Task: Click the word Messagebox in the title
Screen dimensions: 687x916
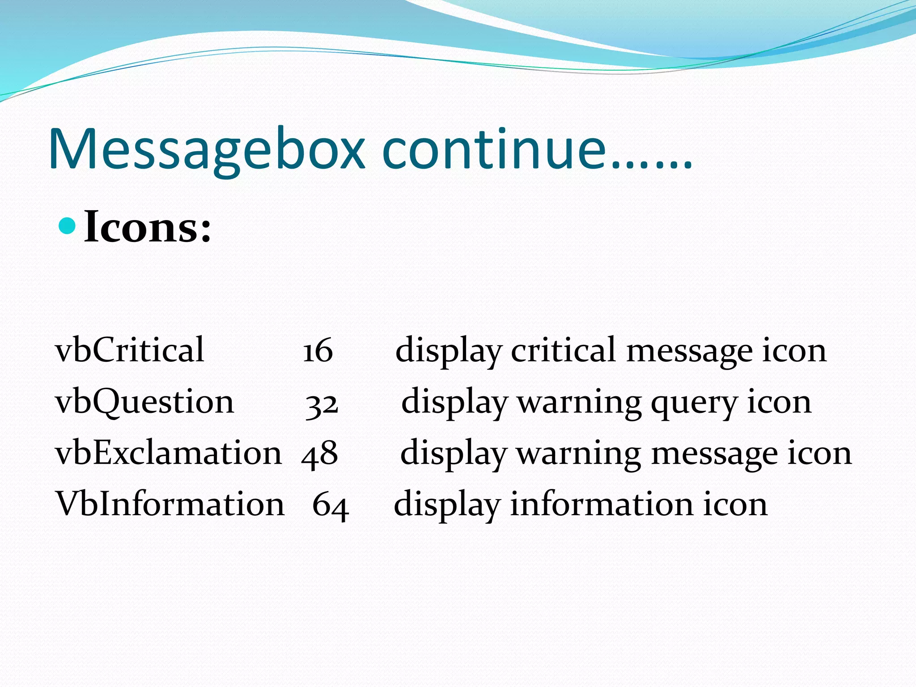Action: click(x=207, y=150)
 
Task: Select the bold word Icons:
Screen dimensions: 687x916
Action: click(x=148, y=227)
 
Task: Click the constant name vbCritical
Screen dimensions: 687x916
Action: click(x=130, y=350)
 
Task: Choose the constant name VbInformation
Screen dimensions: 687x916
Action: click(x=170, y=505)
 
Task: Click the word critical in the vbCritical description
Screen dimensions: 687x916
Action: click(x=564, y=351)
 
